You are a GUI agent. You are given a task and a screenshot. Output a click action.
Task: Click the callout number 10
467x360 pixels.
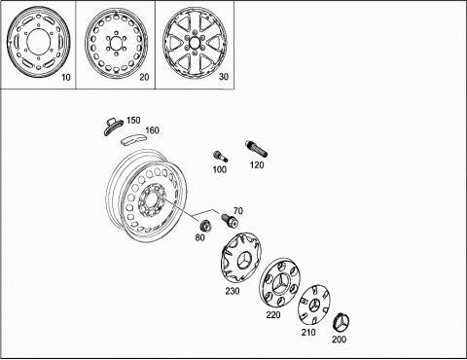tap(66, 78)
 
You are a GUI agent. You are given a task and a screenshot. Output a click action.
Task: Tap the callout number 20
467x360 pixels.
tap(144, 77)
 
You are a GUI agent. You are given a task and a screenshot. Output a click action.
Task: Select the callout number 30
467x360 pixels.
tap(224, 77)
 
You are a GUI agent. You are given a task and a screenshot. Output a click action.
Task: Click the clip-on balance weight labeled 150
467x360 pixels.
tap(113, 127)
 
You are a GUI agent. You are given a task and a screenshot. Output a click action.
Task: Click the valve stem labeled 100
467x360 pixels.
tap(220, 157)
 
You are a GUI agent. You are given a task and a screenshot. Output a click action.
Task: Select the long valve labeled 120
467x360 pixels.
tap(256, 149)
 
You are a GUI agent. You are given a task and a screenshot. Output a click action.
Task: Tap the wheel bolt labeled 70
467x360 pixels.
tap(230, 220)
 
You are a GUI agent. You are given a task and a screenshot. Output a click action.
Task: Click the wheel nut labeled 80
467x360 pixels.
tap(205, 225)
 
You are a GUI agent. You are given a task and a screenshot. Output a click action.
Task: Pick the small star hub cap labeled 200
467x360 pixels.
tap(341, 323)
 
